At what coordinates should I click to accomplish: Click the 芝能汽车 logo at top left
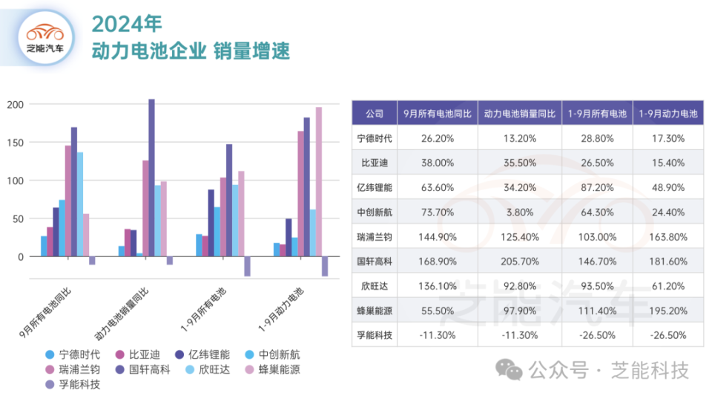45,37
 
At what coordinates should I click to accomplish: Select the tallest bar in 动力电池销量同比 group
151,178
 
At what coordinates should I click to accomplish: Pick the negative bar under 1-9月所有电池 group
247,266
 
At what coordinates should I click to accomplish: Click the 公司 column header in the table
375,114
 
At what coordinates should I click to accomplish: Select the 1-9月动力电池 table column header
668,114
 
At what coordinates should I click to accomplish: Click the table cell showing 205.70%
519,261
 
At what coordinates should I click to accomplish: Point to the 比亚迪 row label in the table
375,163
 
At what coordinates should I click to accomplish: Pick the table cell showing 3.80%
519,212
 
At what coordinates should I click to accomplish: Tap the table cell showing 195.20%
668,310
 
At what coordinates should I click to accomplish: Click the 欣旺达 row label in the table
375,285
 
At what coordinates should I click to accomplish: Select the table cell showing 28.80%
598,138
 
